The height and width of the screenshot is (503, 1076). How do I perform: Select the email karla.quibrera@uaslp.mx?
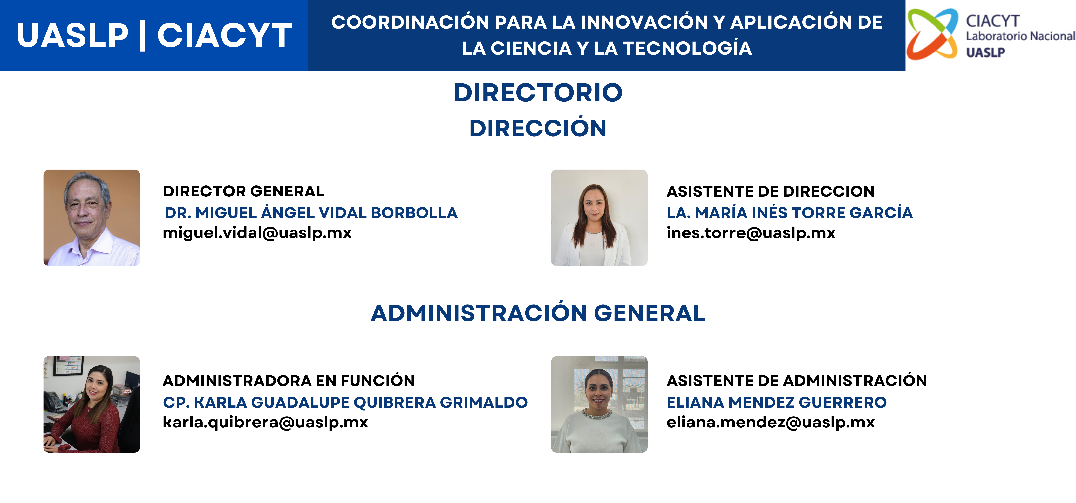(x=265, y=422)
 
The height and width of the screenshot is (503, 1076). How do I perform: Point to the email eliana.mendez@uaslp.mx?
(x=770, y=422)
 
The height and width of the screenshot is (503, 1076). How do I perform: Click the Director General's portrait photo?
(x=92, y=218)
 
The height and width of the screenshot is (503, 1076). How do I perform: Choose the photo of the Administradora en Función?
(x=92, y=404)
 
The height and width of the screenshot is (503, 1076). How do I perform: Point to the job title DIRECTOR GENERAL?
(x=243, y=191)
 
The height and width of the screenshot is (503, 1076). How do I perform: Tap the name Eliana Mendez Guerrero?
(x=777, y=402)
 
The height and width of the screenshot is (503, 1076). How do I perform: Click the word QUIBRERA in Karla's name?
(x=395, y=402)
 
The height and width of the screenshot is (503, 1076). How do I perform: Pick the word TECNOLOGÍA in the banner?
(x=688, y=48)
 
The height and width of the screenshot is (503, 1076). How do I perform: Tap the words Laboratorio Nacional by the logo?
(x=1020, y=36)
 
